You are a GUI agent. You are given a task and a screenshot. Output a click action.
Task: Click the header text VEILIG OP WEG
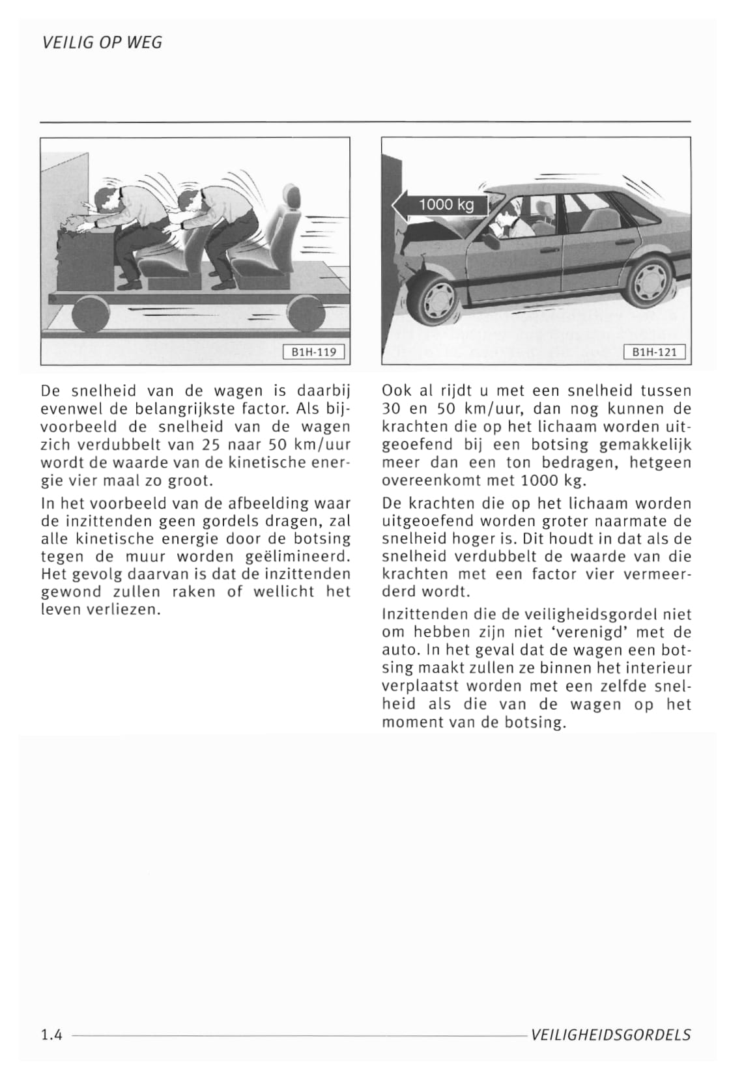[102, 43]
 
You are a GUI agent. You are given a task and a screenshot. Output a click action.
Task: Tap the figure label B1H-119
[313, 352]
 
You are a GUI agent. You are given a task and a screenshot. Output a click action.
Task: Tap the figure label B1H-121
[655, 352]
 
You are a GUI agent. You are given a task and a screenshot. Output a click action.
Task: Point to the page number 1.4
[51, 1035]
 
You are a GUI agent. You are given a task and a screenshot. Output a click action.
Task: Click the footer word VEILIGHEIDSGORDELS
[610, 1035]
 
